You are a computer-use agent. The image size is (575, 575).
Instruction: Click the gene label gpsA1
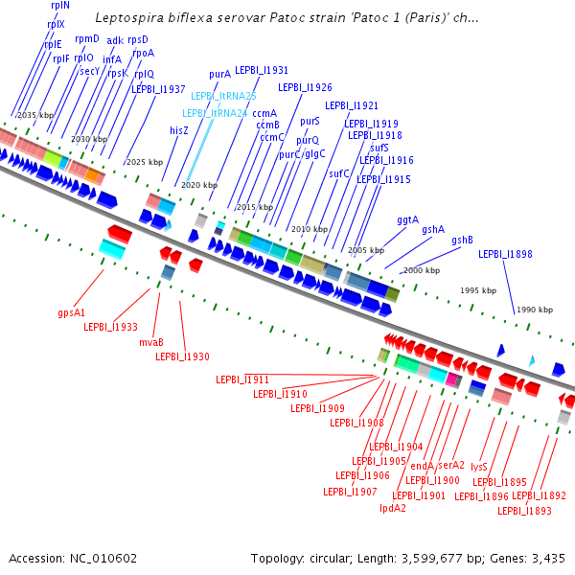click(72, 312)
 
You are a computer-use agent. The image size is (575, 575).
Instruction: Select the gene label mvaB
click(151, 342)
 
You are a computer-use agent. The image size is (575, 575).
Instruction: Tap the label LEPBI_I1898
click(506, 254)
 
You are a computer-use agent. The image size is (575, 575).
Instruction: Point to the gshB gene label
click(463, 241)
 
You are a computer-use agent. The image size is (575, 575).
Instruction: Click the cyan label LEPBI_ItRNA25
click(223, 97)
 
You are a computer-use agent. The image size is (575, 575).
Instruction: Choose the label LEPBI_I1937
click(158, 89)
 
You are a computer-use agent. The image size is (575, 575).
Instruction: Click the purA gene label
click(220, 74)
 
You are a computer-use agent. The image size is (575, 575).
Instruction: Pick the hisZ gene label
click(179, 129)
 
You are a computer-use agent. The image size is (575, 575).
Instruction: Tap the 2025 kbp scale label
click(145, 162)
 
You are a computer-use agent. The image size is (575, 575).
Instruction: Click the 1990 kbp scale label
click(536, 310)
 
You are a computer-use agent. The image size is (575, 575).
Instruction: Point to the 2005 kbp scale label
click(365, 250)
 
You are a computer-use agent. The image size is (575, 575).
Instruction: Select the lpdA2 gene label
click(393, 508)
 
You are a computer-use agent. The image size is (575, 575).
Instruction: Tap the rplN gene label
click(60, 5)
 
